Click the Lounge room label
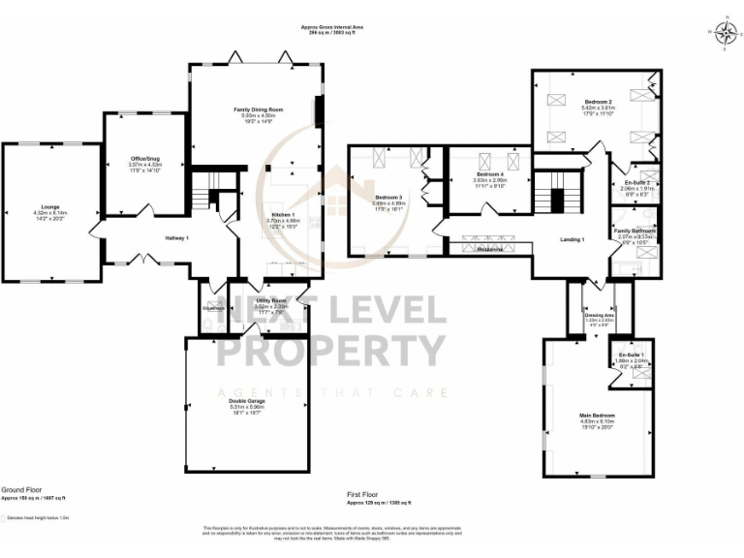(46, 207)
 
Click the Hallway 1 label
(175, 238)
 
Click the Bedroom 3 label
(387, 198)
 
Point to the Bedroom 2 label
(597, 102)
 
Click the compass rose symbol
(724, 32)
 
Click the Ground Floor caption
(20, 491)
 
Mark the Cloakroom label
(214, 308)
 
